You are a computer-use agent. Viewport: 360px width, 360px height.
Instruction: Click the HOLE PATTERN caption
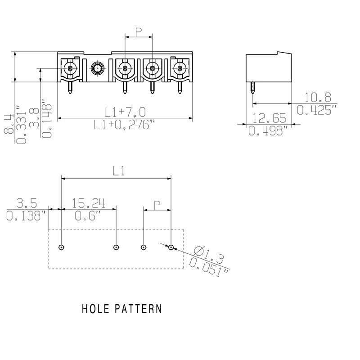point(121,309)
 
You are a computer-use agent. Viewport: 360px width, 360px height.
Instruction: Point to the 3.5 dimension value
point(27,203)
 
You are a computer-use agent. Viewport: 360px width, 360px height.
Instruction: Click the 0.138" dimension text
point(27,216)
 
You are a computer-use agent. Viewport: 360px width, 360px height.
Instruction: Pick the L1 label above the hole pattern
point(118,171)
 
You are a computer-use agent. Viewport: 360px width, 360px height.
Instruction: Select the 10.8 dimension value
point(318,97)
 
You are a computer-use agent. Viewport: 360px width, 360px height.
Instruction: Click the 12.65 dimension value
point(269,118)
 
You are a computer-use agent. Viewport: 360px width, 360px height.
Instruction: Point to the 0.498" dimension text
point(268,131)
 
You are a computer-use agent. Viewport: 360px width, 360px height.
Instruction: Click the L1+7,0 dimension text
point(125,112)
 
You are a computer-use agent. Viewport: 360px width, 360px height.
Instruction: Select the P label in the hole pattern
point(157,205)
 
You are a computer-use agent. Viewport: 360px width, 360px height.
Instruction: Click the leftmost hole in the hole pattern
point(61,247)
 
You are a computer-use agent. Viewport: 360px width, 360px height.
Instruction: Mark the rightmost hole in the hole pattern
point(171,247)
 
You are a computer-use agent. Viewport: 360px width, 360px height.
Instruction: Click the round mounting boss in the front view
point(97,69)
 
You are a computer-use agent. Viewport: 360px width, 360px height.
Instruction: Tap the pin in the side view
point(252,90)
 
